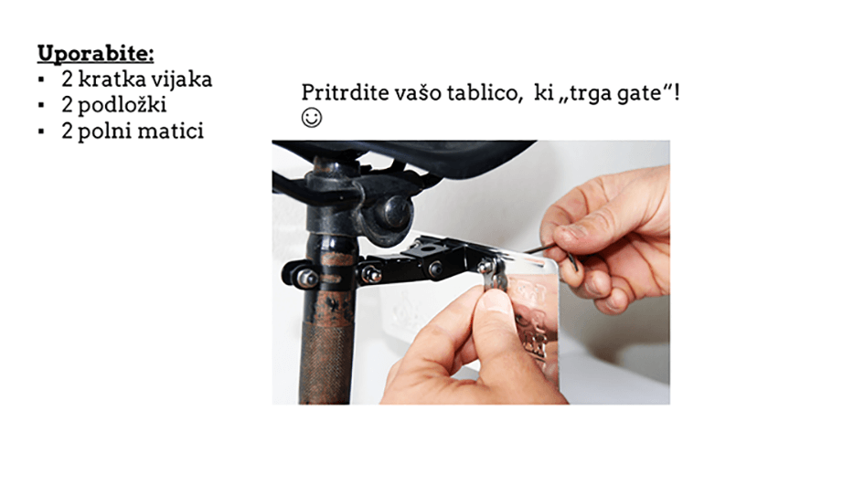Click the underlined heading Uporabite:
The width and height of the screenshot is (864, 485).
click(95, 53)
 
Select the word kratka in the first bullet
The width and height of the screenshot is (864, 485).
click(111, 79)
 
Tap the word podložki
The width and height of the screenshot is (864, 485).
click(122, 105)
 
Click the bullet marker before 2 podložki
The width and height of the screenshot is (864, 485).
click(41, 105)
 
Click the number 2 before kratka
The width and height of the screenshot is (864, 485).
click(68, 79)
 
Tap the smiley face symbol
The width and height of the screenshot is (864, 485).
click(312, 118)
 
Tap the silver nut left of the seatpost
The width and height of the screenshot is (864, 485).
click(306, 278)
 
